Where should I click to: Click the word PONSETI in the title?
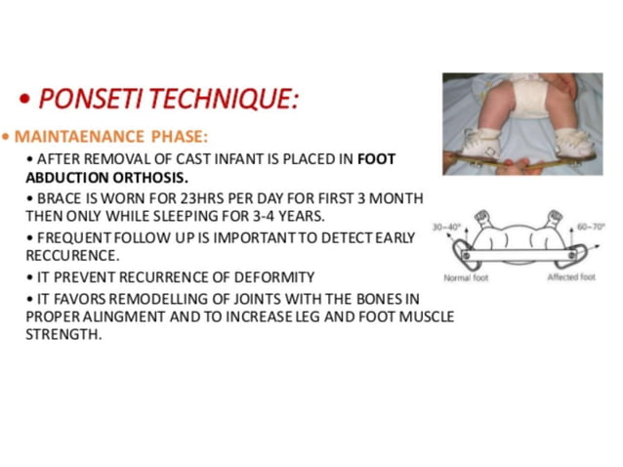[86, 99]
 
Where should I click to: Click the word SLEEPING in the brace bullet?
[236, 215]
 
